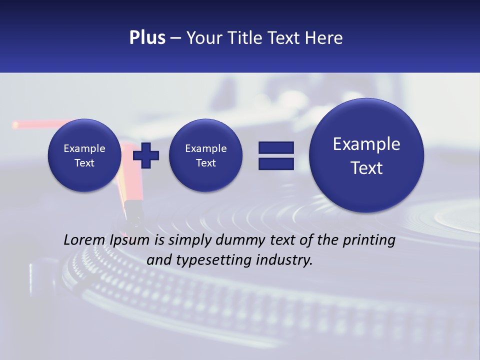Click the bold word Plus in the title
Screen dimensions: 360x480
point(147,38)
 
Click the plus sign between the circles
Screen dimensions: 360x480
point(146,155)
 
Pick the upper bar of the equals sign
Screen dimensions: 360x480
point(276,147)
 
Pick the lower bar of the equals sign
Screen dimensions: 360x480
point(276,163)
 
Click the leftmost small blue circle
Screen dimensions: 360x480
point(84,175)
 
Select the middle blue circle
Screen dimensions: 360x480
point(205,175)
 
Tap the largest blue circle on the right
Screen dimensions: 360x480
point(366,190)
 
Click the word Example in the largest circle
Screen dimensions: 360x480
point(366,144)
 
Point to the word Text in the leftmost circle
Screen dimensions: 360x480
point(84,163)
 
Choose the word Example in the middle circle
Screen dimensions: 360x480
point(205,148)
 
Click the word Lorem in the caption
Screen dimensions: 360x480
point(84,240)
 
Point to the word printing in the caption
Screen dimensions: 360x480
point(369,240)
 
